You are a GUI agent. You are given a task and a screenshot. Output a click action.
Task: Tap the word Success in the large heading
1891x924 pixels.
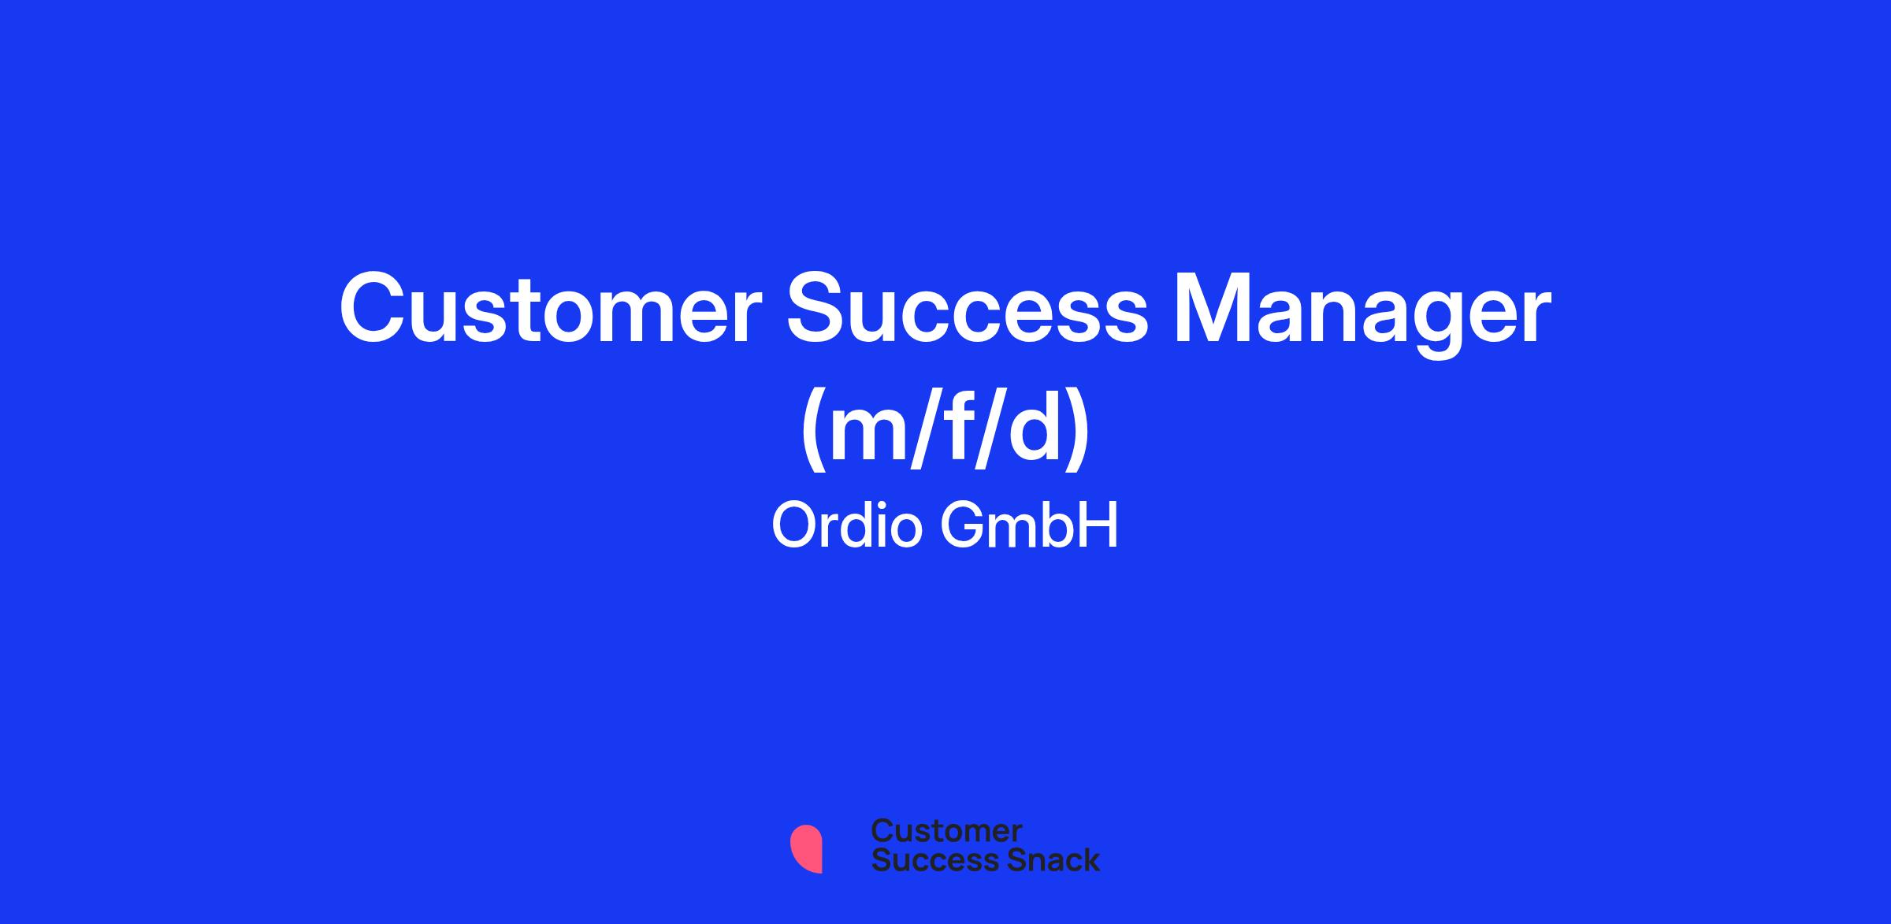(968, 309)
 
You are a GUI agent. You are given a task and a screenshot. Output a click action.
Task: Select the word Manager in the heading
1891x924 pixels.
(1362, 314)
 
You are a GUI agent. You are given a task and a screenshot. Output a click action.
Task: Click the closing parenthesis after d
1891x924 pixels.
(1079, 432)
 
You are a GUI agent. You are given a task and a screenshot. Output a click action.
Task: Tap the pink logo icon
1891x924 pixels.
(806, 849)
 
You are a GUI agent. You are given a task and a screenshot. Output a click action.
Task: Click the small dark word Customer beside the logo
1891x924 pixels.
(946, 831)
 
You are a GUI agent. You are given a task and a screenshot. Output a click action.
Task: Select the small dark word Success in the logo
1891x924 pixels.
(926, 859)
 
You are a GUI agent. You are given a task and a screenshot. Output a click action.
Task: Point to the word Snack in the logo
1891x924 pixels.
(1043, 859)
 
